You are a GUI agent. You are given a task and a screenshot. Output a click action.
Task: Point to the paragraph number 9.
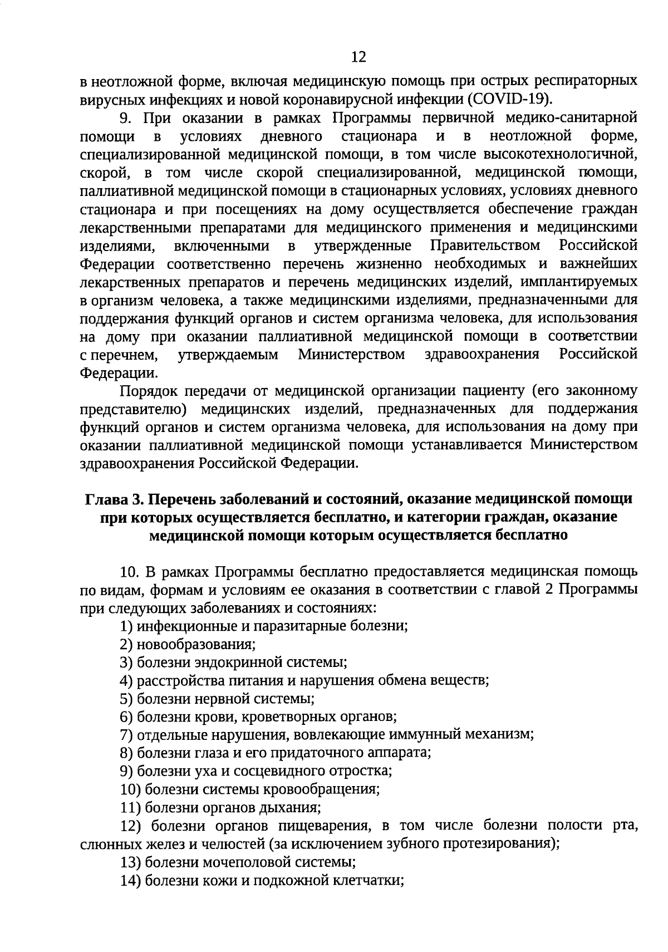pyautogui.click(x=125, y=118)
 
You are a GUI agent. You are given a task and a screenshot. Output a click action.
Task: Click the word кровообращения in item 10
pyautogui.click(x=333, y=789)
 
